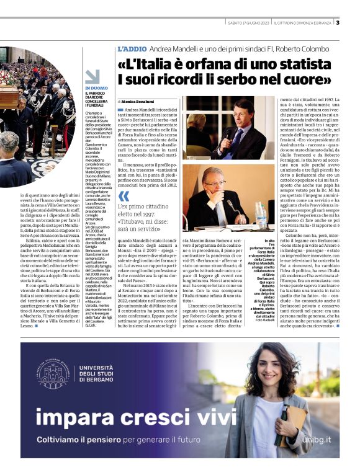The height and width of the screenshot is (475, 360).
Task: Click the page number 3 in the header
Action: [338, 23]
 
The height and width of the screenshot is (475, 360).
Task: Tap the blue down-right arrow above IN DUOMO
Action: [92, 76]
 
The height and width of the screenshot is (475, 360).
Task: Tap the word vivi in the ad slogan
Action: [204, 414]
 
